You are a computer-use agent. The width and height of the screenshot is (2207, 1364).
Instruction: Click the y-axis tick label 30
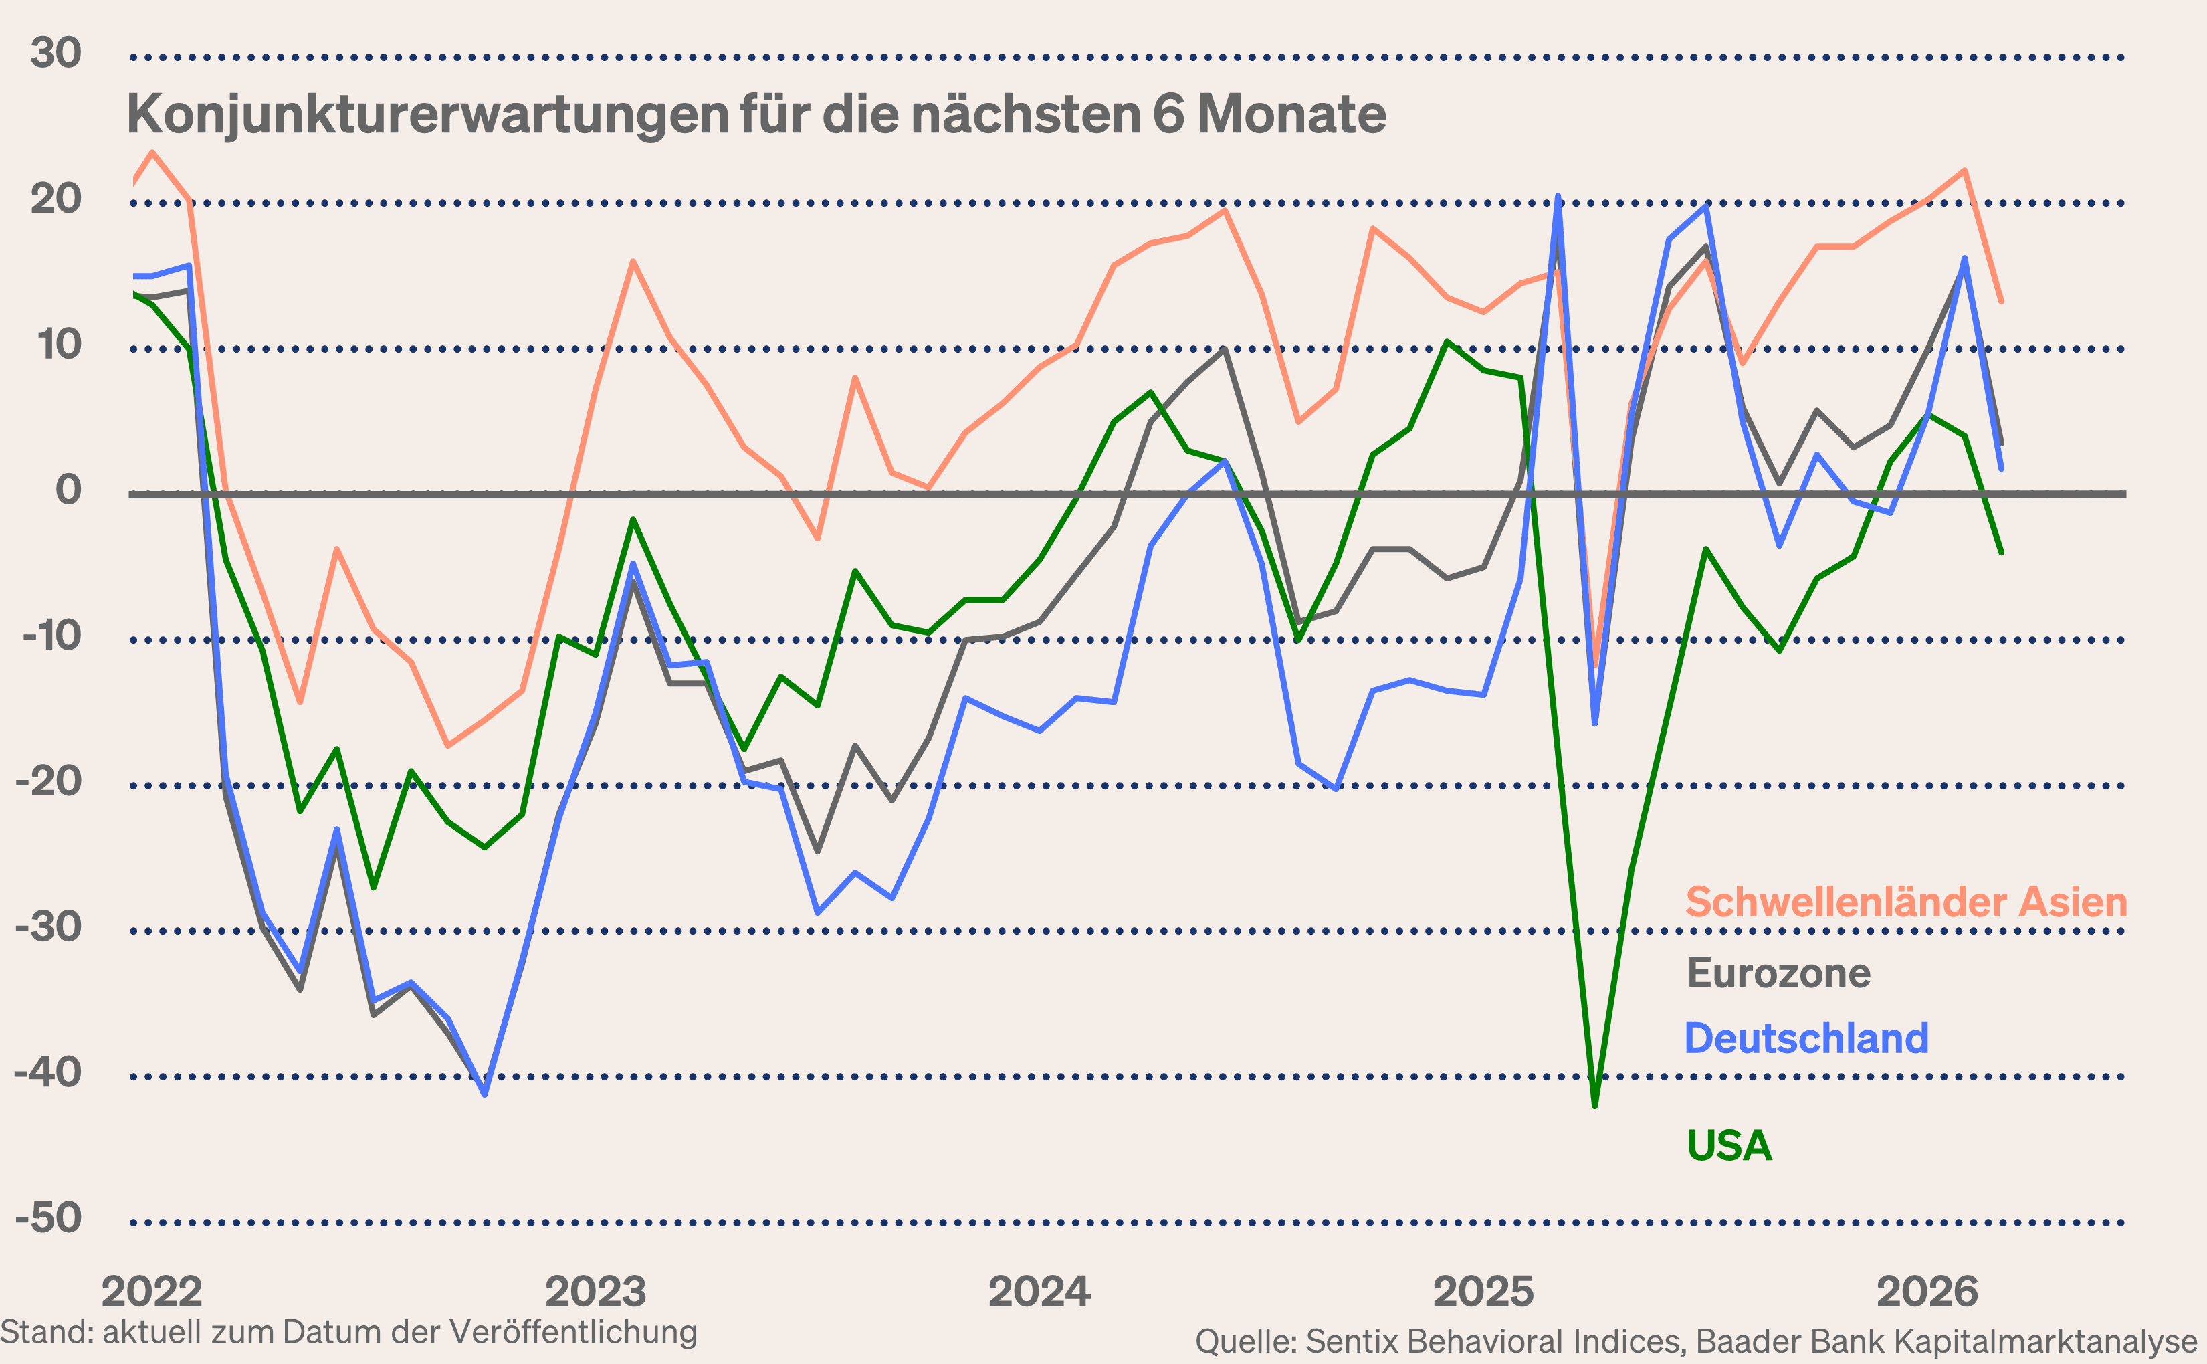[x=56, y=54]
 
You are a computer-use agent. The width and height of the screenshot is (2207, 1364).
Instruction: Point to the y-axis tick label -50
[x=49, y=1219]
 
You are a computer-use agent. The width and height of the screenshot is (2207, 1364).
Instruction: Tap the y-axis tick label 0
[x=68, y=491]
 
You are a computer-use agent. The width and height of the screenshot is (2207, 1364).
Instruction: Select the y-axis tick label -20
[x=49, y=781]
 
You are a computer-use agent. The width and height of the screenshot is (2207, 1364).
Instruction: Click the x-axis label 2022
[x=152, y=1292]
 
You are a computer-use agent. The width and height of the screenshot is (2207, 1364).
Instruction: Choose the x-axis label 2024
[x=1039, y=1292]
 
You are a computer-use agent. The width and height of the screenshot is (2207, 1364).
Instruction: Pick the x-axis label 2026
[x=1927, y=1292]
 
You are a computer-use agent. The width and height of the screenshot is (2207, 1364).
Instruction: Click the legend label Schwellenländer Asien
[x=1906, y=902]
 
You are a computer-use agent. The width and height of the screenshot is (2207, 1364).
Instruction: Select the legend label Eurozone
[x=1778, y=973]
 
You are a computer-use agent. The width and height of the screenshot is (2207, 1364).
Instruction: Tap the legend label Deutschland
[x=1806, y=1038]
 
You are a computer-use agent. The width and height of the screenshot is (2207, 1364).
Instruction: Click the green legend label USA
[x=1729, y=1146]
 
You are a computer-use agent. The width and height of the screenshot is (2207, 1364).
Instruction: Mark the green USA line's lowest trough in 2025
[x=1594, y=1105]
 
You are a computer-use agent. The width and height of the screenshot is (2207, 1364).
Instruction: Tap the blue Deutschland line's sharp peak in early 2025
[x=1558, y=197]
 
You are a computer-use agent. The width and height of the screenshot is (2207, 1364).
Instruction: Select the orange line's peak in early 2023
[x=633, y=262]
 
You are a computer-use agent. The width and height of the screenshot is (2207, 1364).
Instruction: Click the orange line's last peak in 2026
[x=1964, y=171]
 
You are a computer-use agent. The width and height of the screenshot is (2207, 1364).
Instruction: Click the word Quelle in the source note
[x=1245, y=1341]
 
